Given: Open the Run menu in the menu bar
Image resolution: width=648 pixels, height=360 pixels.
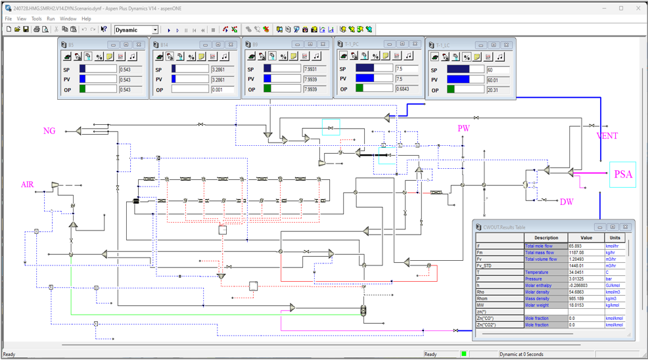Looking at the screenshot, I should pos(51,19).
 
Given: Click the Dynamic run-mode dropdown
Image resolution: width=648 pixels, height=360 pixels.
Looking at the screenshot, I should pos(137,30).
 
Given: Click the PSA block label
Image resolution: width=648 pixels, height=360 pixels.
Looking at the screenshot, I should pos(623,175).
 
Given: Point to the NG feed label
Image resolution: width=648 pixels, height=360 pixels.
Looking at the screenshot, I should pos(49,131).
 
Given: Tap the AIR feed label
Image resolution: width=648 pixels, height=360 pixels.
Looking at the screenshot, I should pos(27,185).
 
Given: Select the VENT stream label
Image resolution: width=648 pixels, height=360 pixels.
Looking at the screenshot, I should pos(607,136).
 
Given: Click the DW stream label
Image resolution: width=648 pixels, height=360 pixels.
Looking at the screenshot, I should pos(567,202).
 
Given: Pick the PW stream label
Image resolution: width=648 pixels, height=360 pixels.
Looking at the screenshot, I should pos(464,129).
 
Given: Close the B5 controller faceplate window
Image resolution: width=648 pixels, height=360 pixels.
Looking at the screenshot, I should pos(139,45).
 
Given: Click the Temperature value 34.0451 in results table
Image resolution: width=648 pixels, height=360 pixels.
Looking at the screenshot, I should pos(580,272).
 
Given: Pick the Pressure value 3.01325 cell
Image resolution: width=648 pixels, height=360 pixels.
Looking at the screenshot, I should pos(580,279).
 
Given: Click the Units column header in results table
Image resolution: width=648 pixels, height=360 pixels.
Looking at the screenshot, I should pos(614,238).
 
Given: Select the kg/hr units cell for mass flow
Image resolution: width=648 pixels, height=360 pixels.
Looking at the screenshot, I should pos(613,252).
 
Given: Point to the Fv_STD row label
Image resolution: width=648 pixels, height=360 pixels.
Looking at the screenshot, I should pos(484,265).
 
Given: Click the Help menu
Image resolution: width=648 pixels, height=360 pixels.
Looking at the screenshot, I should pos(86,19).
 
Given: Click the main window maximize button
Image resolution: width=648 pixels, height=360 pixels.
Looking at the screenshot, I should pos(621,9).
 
